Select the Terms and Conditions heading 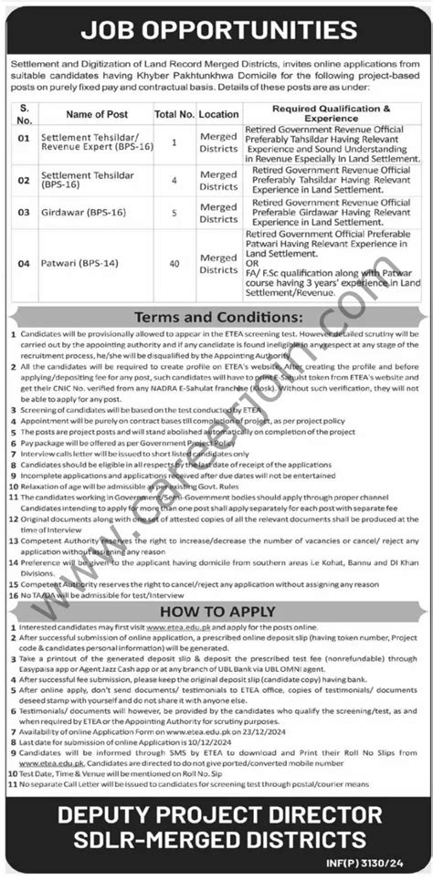click(x=216, y=317)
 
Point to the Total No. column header click(x=173, y=114)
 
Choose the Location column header click(x=218, y=114)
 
